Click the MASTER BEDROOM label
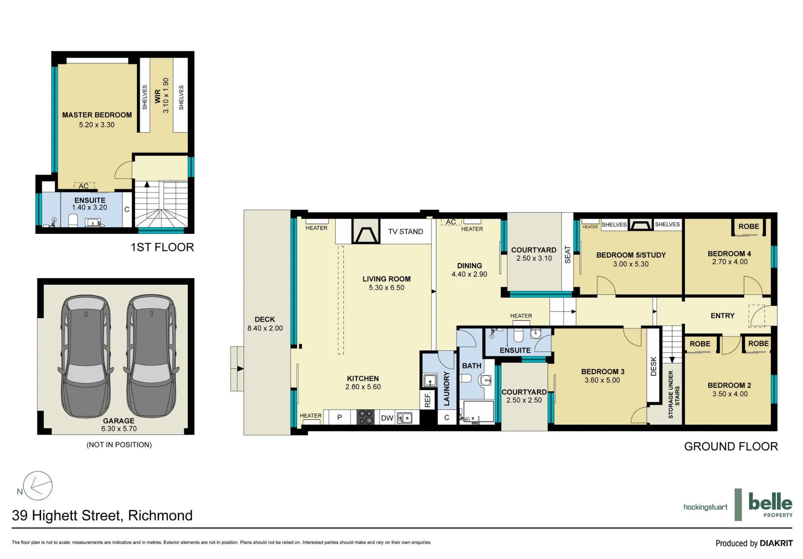[x=97, y=115]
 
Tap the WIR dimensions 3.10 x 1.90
[x=166, y=96]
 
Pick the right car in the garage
[x=151, y=356]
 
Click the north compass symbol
[x=37, y=486]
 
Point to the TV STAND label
[x=406, y=232]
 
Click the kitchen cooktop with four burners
[x=365, y=417]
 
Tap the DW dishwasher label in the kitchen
[x=387, y=418]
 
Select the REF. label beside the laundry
[x=428, y=400]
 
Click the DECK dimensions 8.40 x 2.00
[x=265, y=328]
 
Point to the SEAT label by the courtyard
[x=567, y=254]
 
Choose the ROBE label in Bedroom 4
[x=749, y=226]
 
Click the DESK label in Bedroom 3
[x=653, y=366]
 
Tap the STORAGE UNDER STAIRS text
[x=674, y=395]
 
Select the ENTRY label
[x=722, y=316]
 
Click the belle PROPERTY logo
[x=770, y=505]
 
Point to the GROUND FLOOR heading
[x=731, y=446]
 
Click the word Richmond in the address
[x=160, y=515]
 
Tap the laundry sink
[x=430, y=380]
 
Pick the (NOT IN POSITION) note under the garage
[x=119, y=445]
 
